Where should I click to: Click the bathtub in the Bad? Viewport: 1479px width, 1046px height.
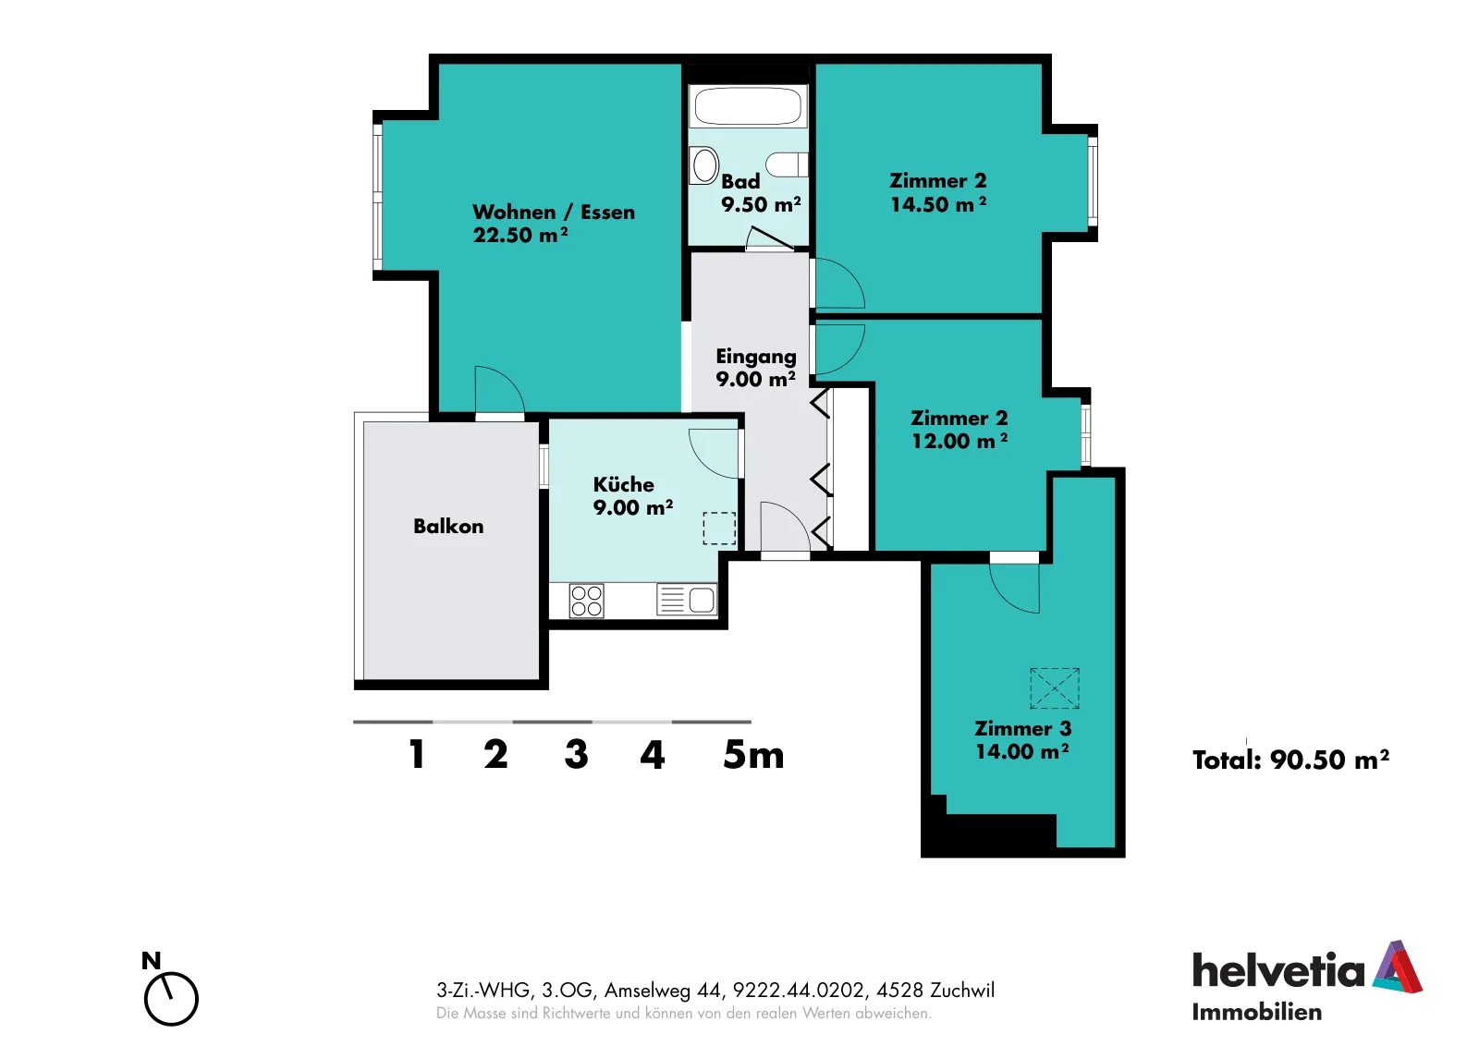(x=748, y=105)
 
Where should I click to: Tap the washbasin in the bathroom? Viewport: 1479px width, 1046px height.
(x=703, y=165)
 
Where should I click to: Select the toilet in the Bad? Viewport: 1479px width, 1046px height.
(x=787, y=164)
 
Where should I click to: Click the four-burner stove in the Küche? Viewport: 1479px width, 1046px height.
(x=586, y=601)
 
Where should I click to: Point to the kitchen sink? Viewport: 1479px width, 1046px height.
(x=687, y=600)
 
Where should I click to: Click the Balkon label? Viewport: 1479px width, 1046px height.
(x=448, y=526)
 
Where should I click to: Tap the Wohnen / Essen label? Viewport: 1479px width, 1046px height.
(x=554, y=212)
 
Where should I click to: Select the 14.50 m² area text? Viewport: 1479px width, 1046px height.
(x=938, y=204)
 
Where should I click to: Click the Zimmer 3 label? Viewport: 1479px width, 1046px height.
(x=1022, y=728)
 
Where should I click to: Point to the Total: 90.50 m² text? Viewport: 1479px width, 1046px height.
(x=1290, y=760)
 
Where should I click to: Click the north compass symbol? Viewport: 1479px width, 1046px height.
(x=170, y=991)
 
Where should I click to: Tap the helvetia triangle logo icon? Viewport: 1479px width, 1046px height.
(x=1398, y=967)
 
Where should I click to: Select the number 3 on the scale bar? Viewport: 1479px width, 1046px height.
(x=577, y=754)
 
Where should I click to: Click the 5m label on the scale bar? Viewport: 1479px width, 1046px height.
(x=753, y=754)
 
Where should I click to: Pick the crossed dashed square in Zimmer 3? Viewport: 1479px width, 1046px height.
(x=1055, y=688)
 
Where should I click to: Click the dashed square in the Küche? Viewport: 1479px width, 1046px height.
(x=719, y=529)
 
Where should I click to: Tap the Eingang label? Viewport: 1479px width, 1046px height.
(x=756, y=357)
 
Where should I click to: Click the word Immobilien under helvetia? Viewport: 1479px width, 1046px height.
(x=1256, y=1012)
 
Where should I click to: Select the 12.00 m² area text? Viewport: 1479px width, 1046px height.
(x=960, y=441)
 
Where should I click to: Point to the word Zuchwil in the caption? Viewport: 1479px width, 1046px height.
(x=962, y=990)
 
